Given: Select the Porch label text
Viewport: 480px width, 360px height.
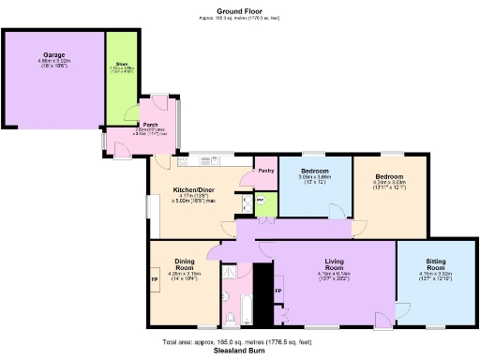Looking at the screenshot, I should coord(149,124).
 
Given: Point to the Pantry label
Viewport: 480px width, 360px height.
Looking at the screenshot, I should coord(266,171).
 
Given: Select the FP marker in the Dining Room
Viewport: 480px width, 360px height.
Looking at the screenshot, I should coord(156,279).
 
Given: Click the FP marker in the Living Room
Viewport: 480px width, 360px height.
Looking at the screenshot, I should coord(277,292).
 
